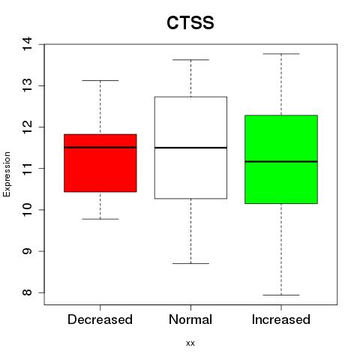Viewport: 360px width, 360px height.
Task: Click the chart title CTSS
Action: point(190,22)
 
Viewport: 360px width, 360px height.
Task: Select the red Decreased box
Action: point(100,163)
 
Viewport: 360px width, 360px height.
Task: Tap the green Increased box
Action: point(281,159)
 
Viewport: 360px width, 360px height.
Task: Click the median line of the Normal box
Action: point(190,148)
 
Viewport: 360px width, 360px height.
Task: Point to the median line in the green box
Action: point(281,161)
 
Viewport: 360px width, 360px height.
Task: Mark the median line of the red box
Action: point(100,147)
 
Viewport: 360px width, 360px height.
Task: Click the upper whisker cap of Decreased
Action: point(100,80)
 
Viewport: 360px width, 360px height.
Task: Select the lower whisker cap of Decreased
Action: point(100,219)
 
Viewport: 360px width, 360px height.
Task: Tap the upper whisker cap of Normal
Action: point(190,60)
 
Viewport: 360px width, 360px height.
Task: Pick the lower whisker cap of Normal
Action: point(190,263)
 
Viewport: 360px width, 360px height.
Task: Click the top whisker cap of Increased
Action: point(281,54)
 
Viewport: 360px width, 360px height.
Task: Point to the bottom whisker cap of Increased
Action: point(281,295)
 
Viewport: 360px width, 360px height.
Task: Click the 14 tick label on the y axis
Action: point(27,44)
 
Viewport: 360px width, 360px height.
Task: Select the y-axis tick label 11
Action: point(27,168)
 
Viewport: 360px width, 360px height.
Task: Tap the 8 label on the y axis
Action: point(27,292)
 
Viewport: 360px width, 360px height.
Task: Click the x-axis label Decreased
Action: point(100,319)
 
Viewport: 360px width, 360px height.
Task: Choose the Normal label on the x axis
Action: point(190,319)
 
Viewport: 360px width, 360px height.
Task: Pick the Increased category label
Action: point(281,319)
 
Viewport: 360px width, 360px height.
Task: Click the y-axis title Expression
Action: point(7,174)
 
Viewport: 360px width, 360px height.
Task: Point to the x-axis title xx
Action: point(190,343)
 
